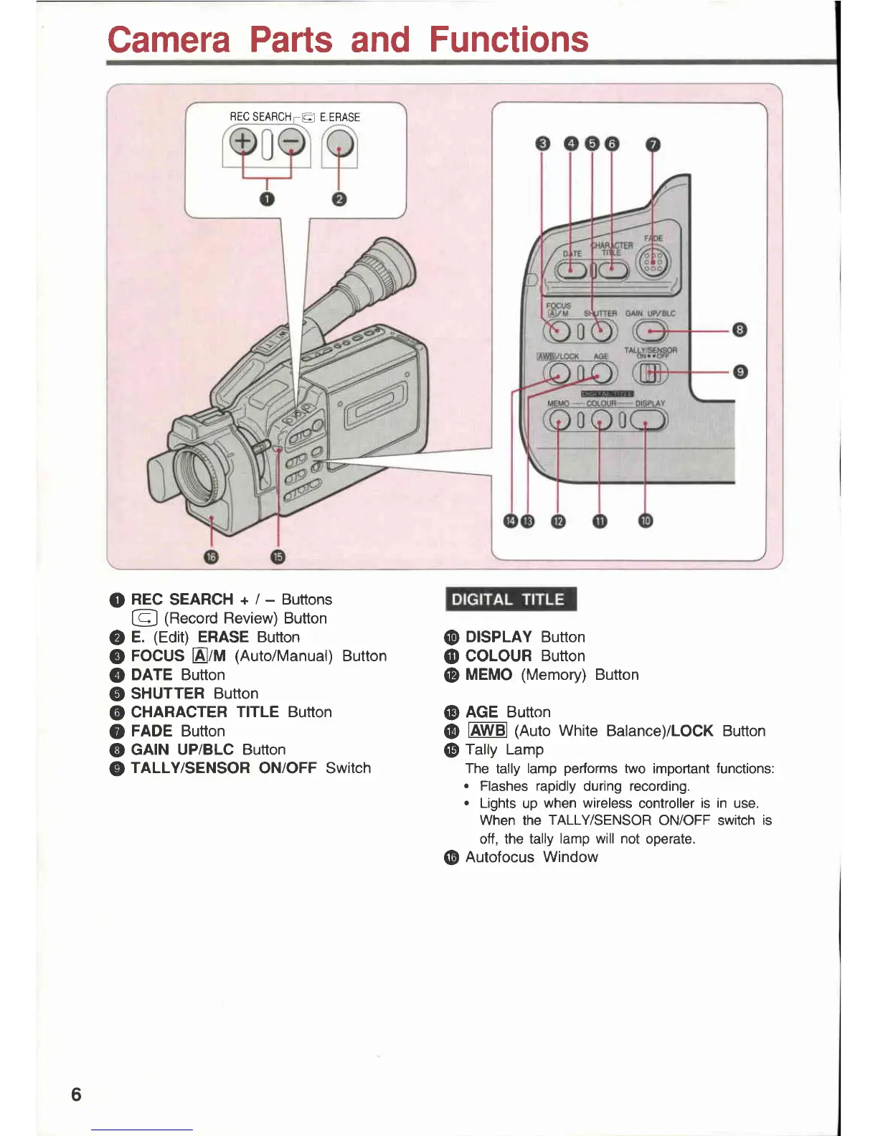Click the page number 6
pos(76,1094)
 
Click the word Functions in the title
pos(509,39)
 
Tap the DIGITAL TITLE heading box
pos(509,600)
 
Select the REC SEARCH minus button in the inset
pos(291,143)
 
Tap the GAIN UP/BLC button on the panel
pos(650,331)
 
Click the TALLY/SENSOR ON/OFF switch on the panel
pos(650,372)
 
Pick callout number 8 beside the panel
pos(740,330)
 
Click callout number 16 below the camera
pos(211,557)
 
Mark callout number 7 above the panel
pos(652,144)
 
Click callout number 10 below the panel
pos(646,521)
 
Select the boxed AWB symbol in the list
pos(487,731)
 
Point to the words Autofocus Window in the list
pos(532,857)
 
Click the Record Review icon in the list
pos(144,618)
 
